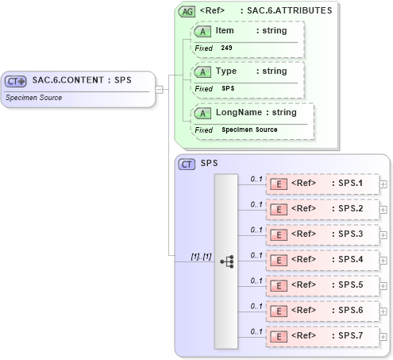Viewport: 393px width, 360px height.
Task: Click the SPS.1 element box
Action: [321, 184]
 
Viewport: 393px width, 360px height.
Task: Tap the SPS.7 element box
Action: [321, 337]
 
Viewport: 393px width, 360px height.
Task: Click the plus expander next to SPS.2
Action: [383, 210]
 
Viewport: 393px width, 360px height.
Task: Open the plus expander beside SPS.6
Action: [383, 312]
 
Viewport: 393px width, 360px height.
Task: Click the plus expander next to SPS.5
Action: [383, 286]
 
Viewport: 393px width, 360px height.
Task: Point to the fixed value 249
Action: [227, 48]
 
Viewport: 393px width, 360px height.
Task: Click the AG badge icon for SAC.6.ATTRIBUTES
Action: [187, 11]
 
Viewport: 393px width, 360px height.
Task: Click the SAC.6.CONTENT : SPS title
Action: [81, 80]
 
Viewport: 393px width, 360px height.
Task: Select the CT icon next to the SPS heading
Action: [187, 164]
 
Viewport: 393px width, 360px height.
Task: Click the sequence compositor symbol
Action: [226, 261]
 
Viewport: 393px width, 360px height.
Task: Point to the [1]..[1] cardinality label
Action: [201, 257]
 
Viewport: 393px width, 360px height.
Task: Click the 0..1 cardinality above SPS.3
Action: [256, 230]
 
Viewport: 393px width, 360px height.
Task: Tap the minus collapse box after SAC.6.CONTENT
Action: [160, 89]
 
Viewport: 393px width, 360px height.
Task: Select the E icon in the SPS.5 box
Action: [279, 286]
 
